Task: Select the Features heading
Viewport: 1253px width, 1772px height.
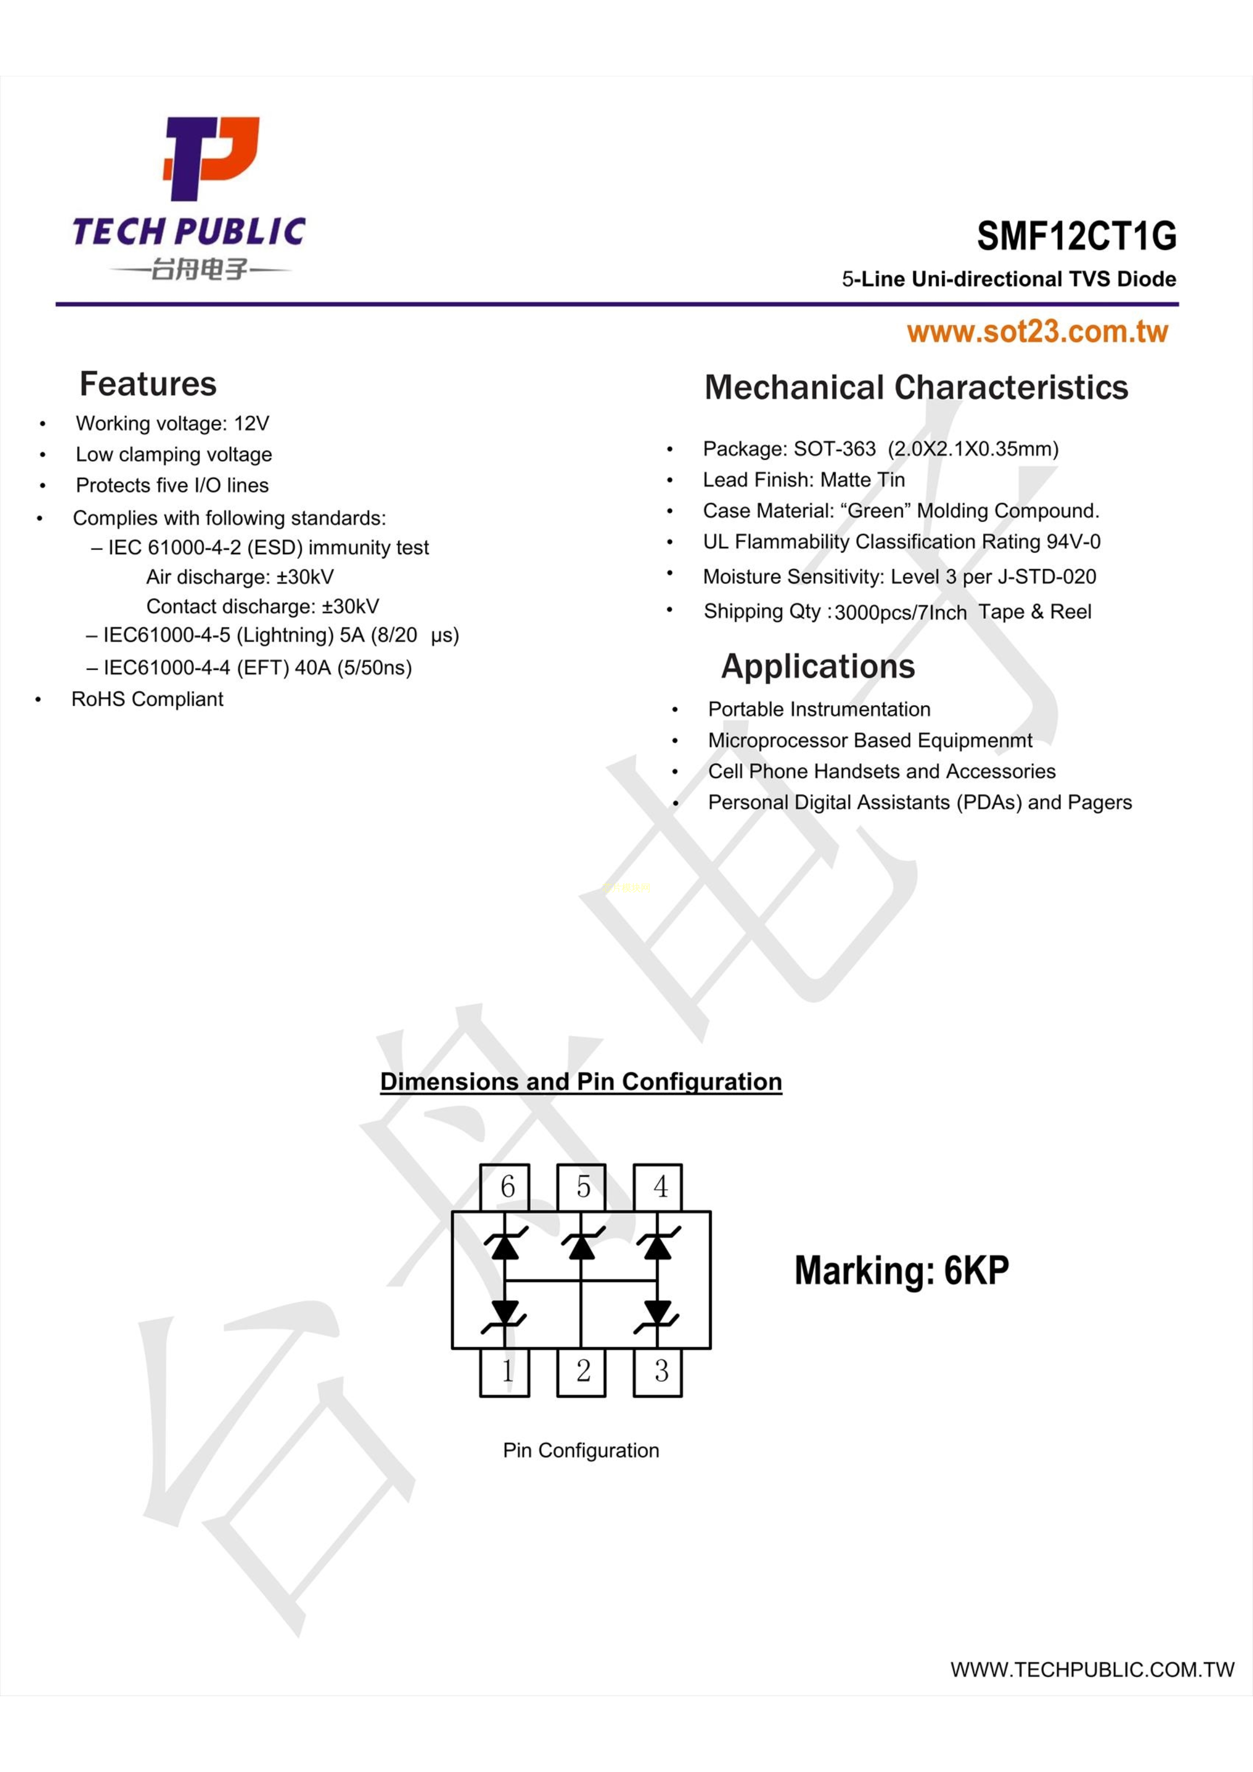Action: [148, 383]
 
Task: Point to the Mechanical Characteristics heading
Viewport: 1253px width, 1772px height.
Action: [916, 387]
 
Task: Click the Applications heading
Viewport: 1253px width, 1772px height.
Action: [818, 666]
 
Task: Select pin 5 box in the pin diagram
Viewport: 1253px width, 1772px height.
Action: [581, 1188]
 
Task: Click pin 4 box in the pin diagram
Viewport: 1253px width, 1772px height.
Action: [658, 1188]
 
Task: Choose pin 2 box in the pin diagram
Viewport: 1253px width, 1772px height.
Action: [581, 1372]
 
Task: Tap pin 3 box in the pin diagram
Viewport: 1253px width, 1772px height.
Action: [658, 1372]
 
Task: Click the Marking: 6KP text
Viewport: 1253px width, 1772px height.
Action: [902, 1270]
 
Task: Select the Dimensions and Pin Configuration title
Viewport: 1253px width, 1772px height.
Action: [581, 1081]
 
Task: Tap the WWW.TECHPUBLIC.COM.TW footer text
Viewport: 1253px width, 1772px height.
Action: [1092, 1669]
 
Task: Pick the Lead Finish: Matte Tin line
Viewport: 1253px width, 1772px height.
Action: [804, 480]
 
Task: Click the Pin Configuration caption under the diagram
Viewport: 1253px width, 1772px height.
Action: [581, 1450]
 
